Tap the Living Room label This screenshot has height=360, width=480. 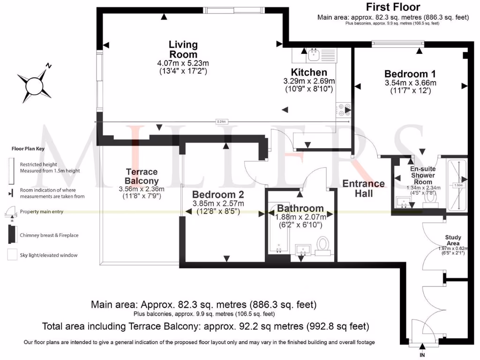coord(183,50)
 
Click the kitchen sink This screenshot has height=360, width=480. coord(313,56)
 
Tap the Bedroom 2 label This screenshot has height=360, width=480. coord(218,195)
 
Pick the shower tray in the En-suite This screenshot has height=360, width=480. coord(454,185)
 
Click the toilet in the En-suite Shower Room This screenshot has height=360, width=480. coord(430,200)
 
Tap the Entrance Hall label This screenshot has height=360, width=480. coord(364,188)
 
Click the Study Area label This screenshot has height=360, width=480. coord(453,240)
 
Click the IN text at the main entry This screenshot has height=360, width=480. coord(422,355)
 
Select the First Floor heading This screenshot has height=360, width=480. coord(393,7)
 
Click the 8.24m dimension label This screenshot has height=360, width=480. coord(221,122)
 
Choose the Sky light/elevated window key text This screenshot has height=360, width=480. coord(48,255)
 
